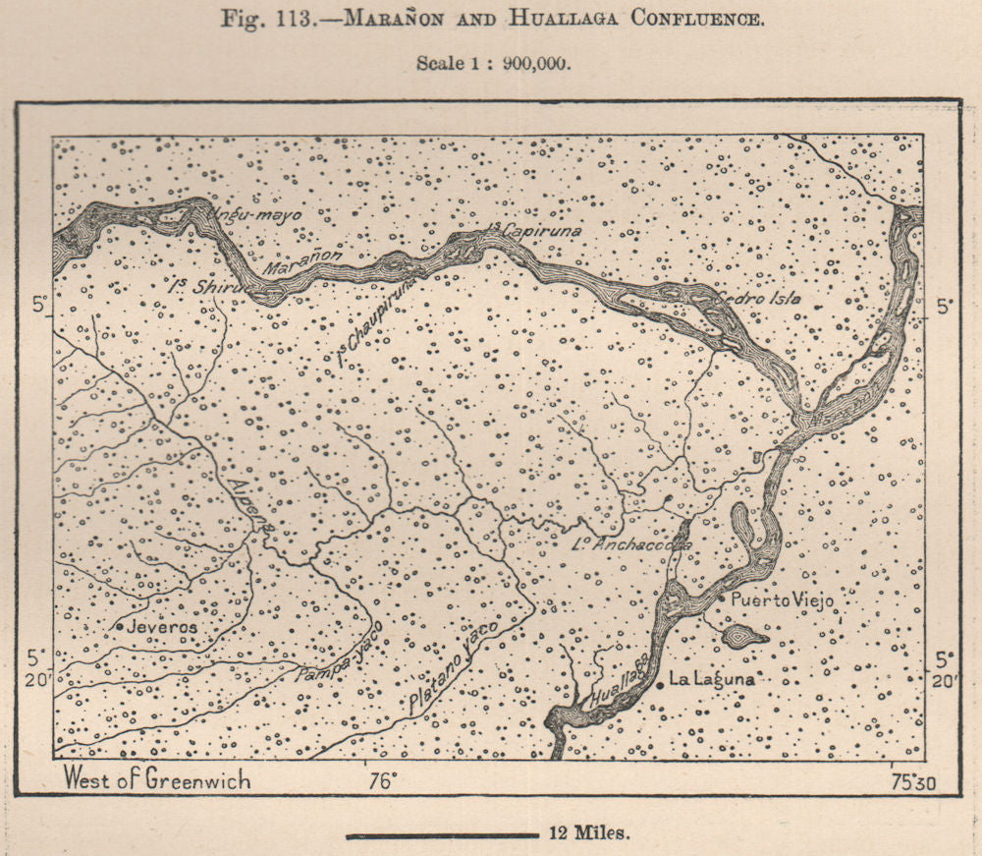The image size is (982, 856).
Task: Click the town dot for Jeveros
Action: pyautogui.click(x=120, y=626)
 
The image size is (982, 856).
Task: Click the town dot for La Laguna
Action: pyautogui.click(x=661, y=682)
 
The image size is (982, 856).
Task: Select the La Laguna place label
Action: pyautogui.click(x=713, y=679)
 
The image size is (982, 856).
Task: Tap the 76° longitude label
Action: pyautogui.click(x=382, y=781)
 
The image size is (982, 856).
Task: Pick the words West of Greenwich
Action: pyautogui.click(x=157, y=780)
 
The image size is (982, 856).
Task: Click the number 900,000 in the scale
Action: pyautogui.click(x=530, y=62)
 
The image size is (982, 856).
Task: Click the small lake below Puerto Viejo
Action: pyautogui.click(x=744, y=636)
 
